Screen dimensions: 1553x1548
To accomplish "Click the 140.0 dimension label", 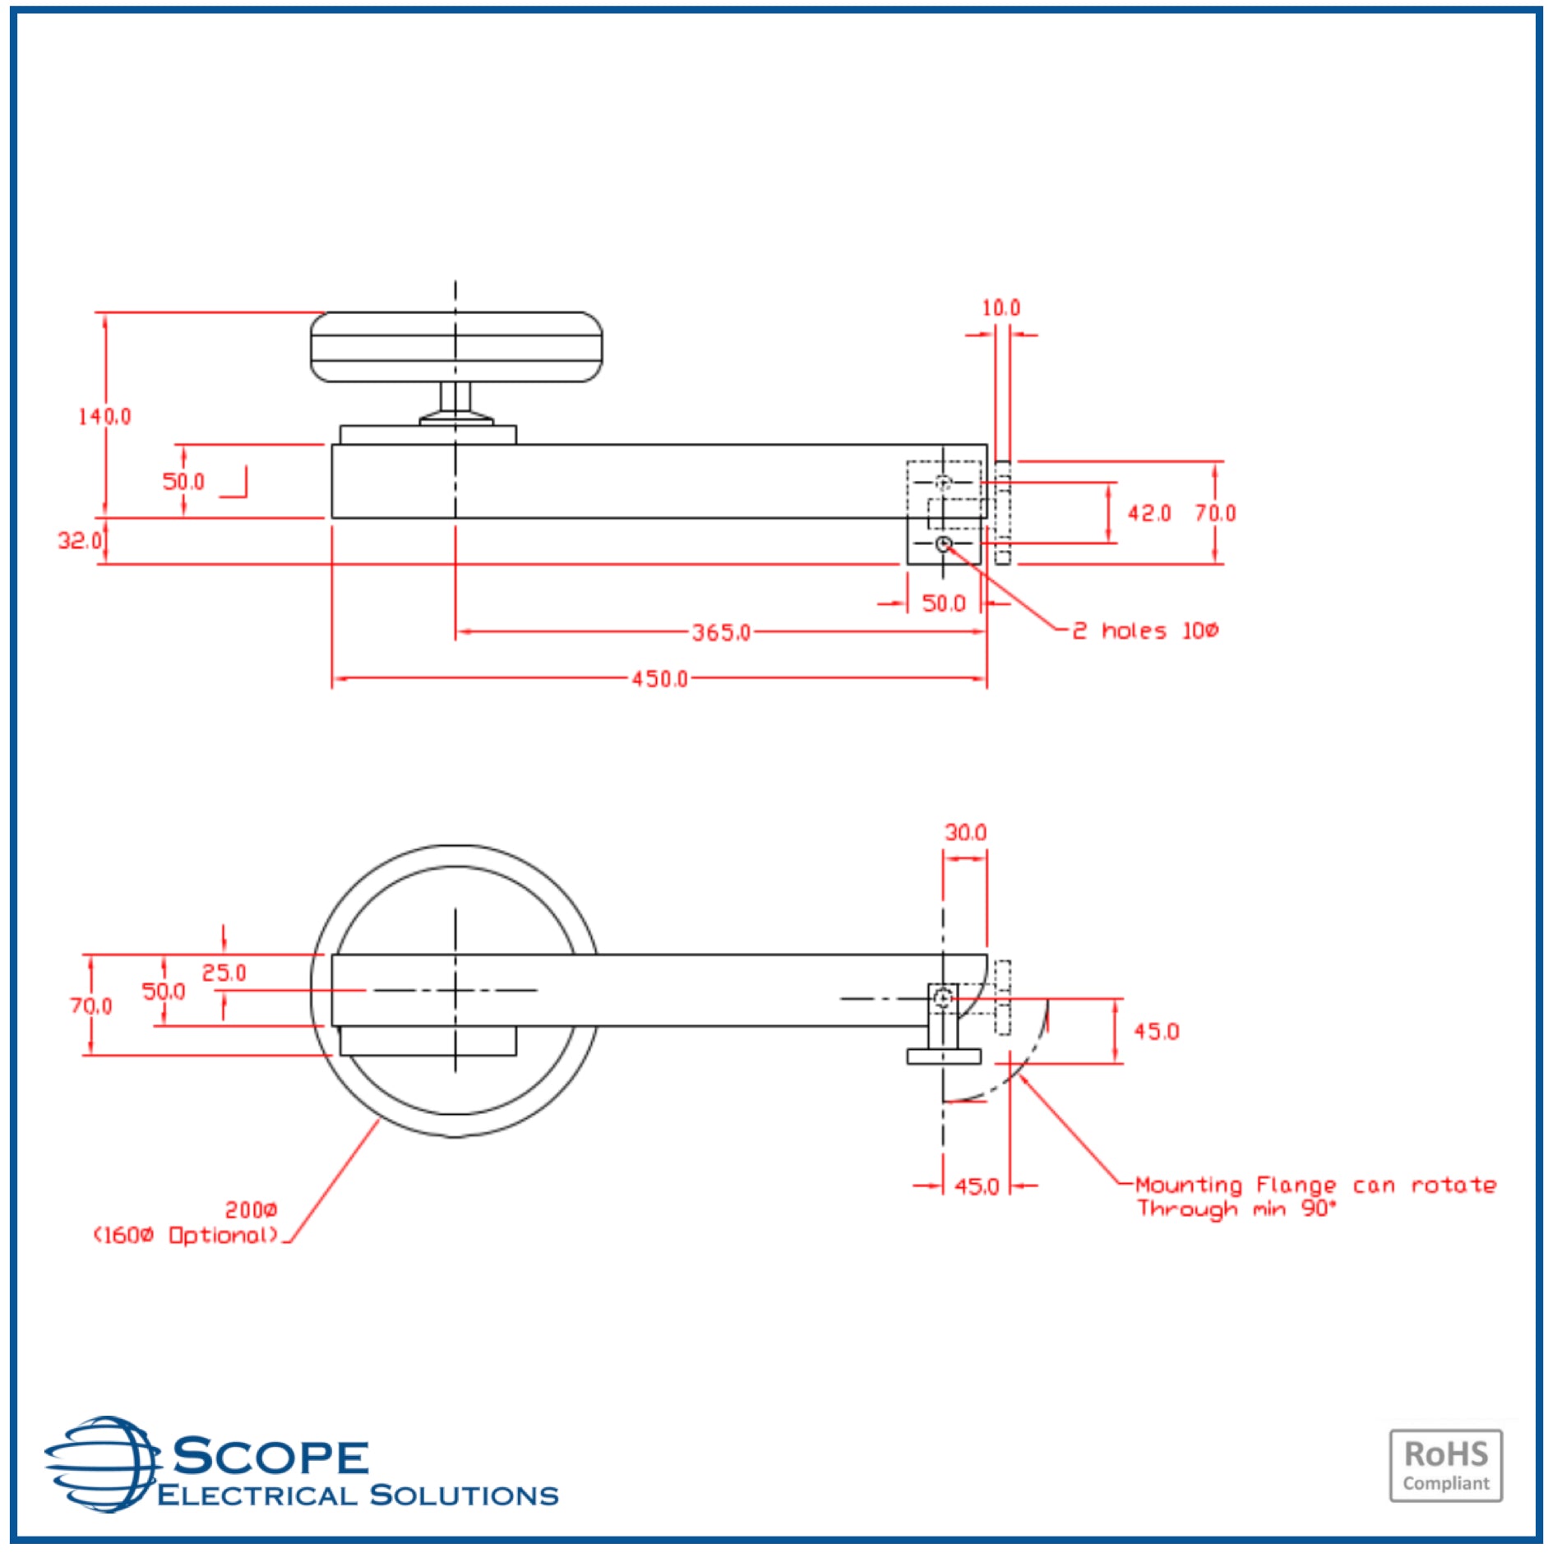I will (104, 416).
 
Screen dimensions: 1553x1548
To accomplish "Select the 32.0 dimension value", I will (79, 540).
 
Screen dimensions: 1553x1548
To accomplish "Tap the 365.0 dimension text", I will (720, 632).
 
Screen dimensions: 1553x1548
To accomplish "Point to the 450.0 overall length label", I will (659, 679).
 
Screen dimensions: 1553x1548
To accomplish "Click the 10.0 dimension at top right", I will (1000, 308).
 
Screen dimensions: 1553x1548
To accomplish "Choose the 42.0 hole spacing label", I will (1148, 513).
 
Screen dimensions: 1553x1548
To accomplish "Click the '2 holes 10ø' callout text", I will (1145, 631).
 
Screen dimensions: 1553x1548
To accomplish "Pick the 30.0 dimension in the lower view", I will (965, 833).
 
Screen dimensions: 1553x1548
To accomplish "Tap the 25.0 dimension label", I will (224, 973).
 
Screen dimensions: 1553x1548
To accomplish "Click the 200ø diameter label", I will (251, 1210).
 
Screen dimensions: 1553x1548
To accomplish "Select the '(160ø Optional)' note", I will (186, 1236).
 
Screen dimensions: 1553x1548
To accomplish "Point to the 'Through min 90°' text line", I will (1236, 1209).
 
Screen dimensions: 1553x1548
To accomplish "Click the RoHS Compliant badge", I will (1445, 1465).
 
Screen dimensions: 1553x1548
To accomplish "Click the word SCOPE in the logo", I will (270, 1456).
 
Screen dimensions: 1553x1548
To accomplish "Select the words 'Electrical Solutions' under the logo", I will (358, 1495).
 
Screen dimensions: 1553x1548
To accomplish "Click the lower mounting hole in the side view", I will (944, 543).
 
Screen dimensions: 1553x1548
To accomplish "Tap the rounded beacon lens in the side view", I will (455, 347).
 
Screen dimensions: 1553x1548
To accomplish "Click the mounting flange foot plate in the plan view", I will (943, 1056).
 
